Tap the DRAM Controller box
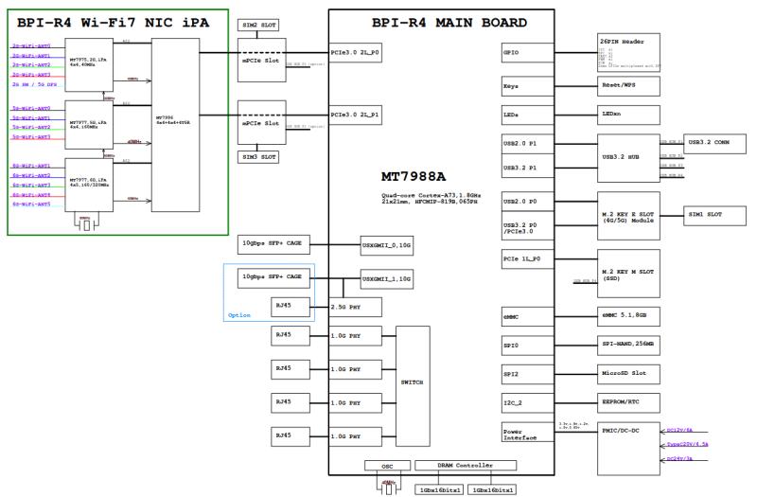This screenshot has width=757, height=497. pos(465,466)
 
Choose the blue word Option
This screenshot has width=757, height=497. pos(240,315)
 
